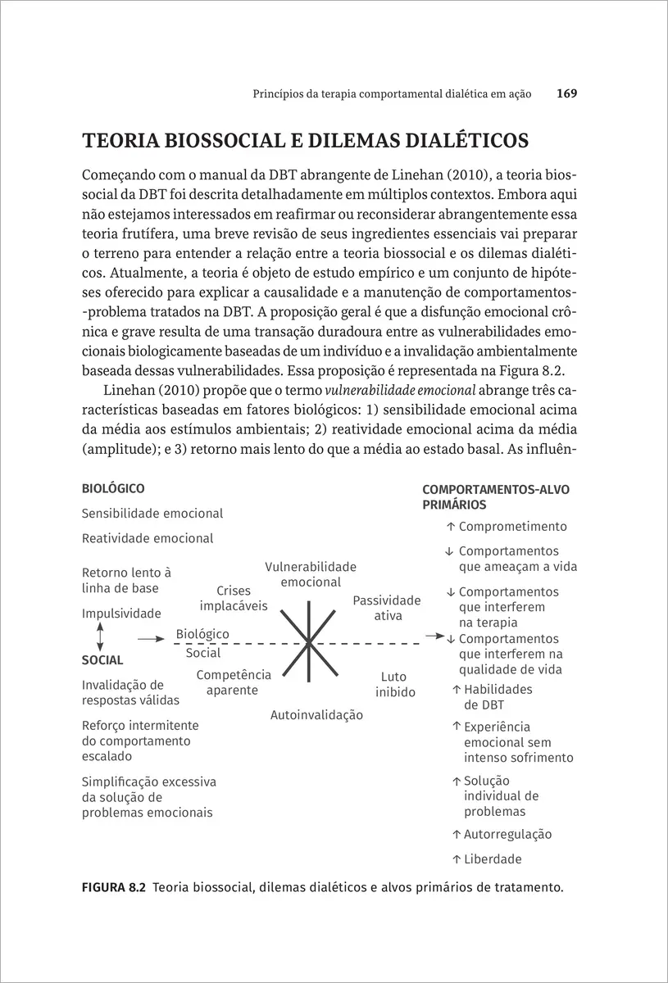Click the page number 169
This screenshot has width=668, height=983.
tap(566, 94)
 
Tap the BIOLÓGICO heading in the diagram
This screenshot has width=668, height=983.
tap(113, 489)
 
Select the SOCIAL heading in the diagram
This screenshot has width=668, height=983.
tap(102, 660)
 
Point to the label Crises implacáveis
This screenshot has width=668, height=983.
tap(234, 599)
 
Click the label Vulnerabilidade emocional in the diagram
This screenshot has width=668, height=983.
tap(311, 574)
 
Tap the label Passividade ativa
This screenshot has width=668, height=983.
tap(387, 608)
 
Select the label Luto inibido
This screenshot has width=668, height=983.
tap(395, 685)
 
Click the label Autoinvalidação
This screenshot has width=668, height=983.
tap(316, 715)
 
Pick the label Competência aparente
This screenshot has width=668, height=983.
tap(233, 682)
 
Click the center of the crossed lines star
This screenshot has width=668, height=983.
tap(308, 642)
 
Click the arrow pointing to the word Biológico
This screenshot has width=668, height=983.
tap(151, 637)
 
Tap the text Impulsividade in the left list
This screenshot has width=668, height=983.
tap(121, 614)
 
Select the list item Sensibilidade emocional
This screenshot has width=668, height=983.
tap(152, 514)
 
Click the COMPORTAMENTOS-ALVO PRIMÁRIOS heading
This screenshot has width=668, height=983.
tap(495, 497)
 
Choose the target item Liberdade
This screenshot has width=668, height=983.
tap(493, 859)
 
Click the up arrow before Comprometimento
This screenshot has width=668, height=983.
tap(451, 527)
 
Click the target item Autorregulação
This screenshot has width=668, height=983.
tap(507, 835)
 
